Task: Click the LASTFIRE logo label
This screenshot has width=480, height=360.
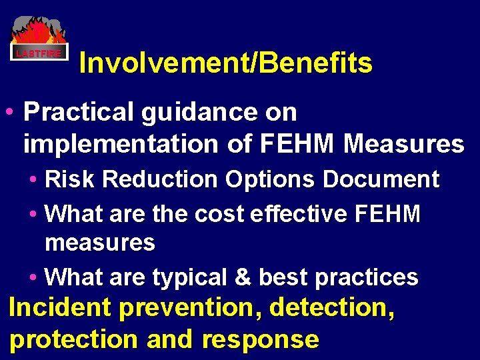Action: pos(39,53)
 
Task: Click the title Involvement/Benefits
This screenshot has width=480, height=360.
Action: pos(225,63)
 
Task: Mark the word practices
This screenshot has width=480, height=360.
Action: pos(368,277)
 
